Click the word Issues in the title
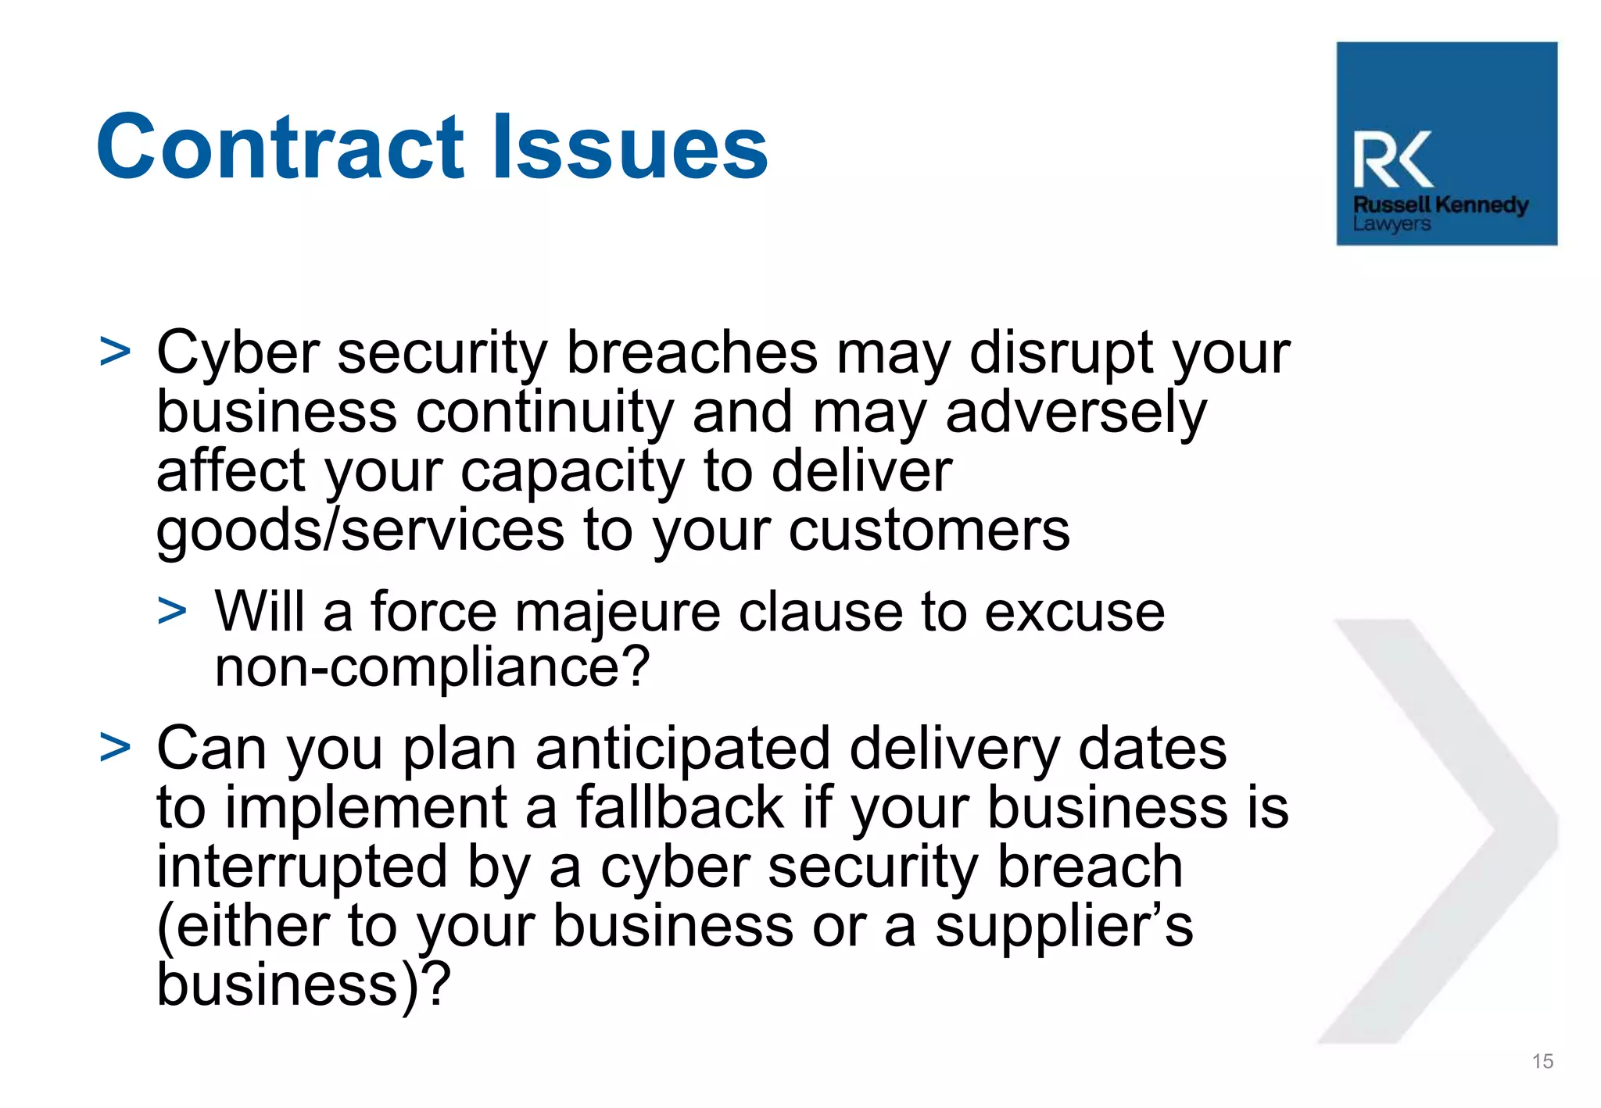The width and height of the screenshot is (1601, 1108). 630,147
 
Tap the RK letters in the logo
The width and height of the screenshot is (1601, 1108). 1392,159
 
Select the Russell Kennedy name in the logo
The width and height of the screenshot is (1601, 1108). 1440,205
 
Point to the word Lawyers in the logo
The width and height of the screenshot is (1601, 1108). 1391,224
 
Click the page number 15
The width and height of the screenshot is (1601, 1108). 1542,1061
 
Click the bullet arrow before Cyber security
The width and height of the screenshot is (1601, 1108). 115,352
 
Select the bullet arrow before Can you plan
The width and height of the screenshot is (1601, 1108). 115,747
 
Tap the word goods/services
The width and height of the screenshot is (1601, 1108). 360,531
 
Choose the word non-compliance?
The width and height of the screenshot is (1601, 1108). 432,668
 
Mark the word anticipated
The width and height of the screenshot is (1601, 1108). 682,749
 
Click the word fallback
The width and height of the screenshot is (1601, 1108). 679,808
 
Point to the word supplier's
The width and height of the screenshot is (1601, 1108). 1064,927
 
